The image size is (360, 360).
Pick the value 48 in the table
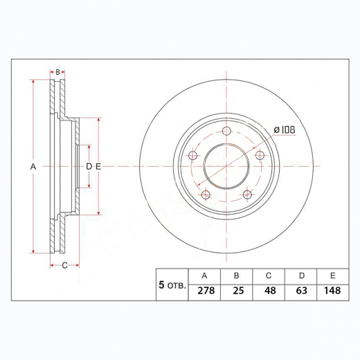tap(269, 291)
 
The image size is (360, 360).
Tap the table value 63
tap(301, 291)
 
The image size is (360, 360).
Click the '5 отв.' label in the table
tap(172, 284)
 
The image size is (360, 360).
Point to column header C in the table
tap(269, 275)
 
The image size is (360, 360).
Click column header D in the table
tap(301, 275)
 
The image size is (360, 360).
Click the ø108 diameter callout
tap(285, 129)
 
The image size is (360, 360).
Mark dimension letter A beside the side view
tap(33, 167)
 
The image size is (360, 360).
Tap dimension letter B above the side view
tap(58, 71)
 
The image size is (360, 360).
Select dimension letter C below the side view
tap(64, 265)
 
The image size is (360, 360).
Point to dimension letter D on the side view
tap(89, 167)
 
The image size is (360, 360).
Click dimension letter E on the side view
tap(98, 167)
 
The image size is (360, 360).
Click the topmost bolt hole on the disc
tap(226, 132)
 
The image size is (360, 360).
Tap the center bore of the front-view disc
tap(226, 166)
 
